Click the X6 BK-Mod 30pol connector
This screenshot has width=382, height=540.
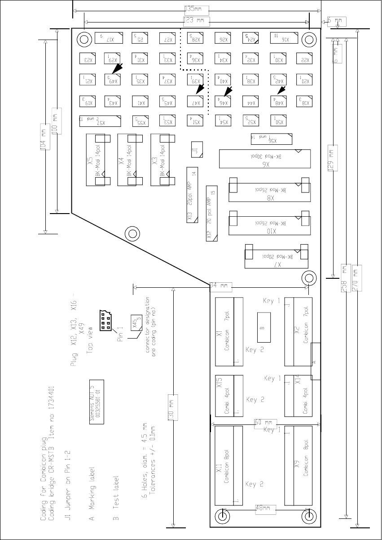point(265,158)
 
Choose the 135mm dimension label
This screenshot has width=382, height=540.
point(194,9)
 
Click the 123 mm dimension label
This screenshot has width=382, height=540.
point(194,20)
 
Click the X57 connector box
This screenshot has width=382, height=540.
point(100,120)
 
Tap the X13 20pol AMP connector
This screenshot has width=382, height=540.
point(192,195)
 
